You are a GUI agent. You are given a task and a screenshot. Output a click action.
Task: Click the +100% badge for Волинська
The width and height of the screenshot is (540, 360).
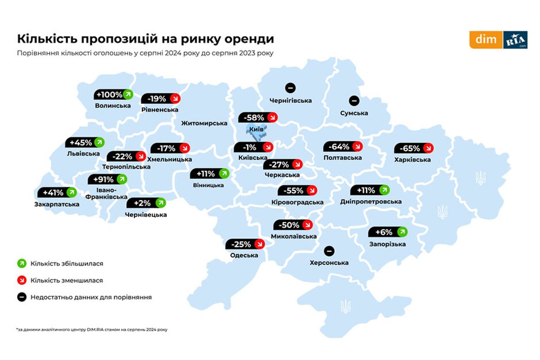click(114, 94)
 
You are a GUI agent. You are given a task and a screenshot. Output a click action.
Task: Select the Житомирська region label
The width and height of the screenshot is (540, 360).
click(204, 123)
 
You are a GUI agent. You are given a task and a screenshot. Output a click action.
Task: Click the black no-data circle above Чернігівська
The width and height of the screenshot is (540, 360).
click(290, 88)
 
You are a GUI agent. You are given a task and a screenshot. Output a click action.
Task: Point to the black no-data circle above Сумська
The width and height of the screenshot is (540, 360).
click(354, 100)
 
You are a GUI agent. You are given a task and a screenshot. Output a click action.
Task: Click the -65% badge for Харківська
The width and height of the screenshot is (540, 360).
click(414, 148)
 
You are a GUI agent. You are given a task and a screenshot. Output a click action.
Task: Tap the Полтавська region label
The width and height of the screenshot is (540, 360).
click(342, 158)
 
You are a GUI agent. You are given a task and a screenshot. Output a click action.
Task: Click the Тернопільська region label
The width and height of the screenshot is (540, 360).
click(126, 166)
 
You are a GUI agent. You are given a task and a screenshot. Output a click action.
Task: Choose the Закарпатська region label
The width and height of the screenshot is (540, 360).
click(57, 204)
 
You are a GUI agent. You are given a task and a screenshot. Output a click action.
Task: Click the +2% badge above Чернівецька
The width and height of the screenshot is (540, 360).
click(146, 203)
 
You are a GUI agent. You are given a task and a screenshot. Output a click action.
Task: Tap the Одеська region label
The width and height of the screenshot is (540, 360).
click(244, 255)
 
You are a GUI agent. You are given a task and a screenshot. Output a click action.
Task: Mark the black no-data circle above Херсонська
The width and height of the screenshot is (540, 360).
click(329, 251)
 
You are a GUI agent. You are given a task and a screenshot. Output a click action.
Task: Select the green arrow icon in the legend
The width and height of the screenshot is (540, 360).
click(20, 263)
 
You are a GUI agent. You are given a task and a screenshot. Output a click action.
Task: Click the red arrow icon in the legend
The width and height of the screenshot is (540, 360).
click(20, 280)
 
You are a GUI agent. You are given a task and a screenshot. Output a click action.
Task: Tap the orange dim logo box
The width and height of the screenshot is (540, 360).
click(486, 40)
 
